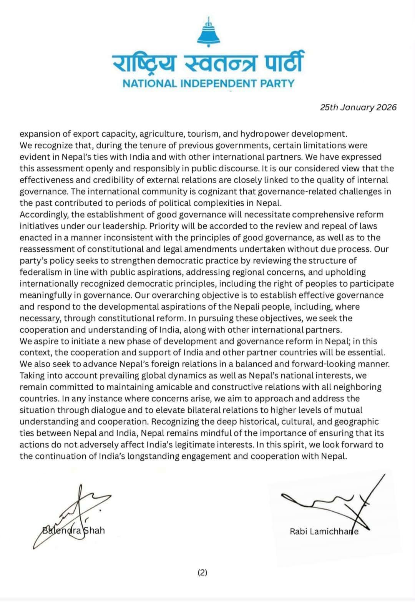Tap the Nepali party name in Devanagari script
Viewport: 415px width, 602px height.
208,63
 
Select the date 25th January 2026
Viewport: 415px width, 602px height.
358,107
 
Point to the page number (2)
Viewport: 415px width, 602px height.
202,572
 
